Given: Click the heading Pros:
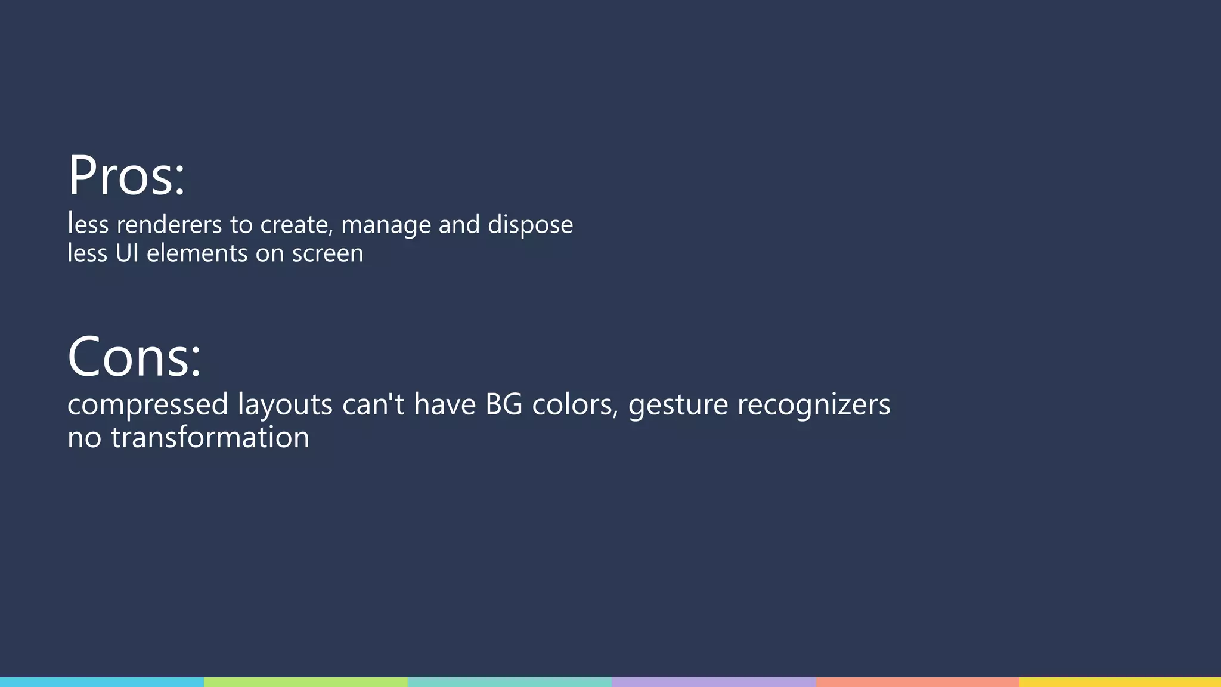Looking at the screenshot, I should tap(126, 175).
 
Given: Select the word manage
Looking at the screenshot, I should tap(386, 225).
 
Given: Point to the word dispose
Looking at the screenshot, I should tap(530, 225).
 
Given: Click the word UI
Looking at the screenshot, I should tap(127, 253).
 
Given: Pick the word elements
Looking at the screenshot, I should tap(197, 253).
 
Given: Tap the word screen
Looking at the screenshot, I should tap(327, 253).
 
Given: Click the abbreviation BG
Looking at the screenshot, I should tap(504, 404).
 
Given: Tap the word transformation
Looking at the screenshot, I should tap(210, 438).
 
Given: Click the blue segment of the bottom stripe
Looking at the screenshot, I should tap(102, 682).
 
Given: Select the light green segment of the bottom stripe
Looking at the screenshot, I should tap(306, 682).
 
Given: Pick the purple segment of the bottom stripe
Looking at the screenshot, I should tap(714, 682).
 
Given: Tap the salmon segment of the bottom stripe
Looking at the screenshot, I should tap(918, 682).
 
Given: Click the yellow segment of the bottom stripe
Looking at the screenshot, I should tap(1120, 682).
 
